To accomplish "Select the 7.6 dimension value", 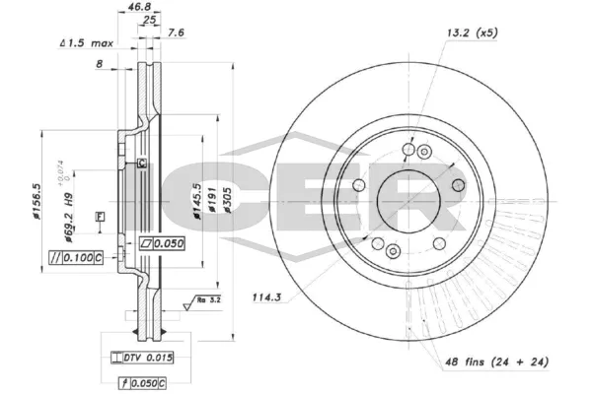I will coord(176,33).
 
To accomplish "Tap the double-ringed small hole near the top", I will coord(425,151).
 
